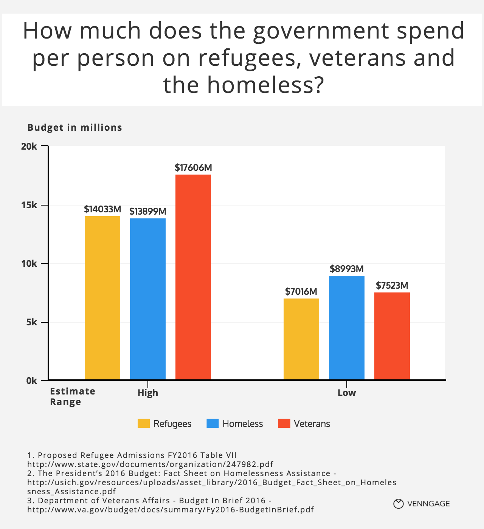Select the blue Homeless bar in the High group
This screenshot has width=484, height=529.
point(148,299)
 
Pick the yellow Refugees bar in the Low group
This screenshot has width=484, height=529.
point(301,339)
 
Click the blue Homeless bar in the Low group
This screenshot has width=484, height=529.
point(347,328)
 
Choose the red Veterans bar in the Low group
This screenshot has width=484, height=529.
point(392,336)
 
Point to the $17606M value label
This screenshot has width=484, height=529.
point(193,167)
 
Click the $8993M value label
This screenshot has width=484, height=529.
point(347,269)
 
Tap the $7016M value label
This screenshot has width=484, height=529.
point(301,291)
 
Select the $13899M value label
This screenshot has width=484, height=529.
point(148,211)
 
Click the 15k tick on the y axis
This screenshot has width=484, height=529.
point(29,205)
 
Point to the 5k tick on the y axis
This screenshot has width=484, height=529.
point(31,322)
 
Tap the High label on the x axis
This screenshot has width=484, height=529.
point(148,393)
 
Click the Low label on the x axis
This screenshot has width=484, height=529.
point(347,393)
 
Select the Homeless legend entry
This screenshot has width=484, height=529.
point(235,424)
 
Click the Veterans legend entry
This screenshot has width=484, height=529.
point(304,424)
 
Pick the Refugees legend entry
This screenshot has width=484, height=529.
point(165,424)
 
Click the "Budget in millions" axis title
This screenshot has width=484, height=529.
point(75,127)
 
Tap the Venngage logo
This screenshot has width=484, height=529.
point(422,504)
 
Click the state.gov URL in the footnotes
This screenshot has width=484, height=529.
point(150,464)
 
